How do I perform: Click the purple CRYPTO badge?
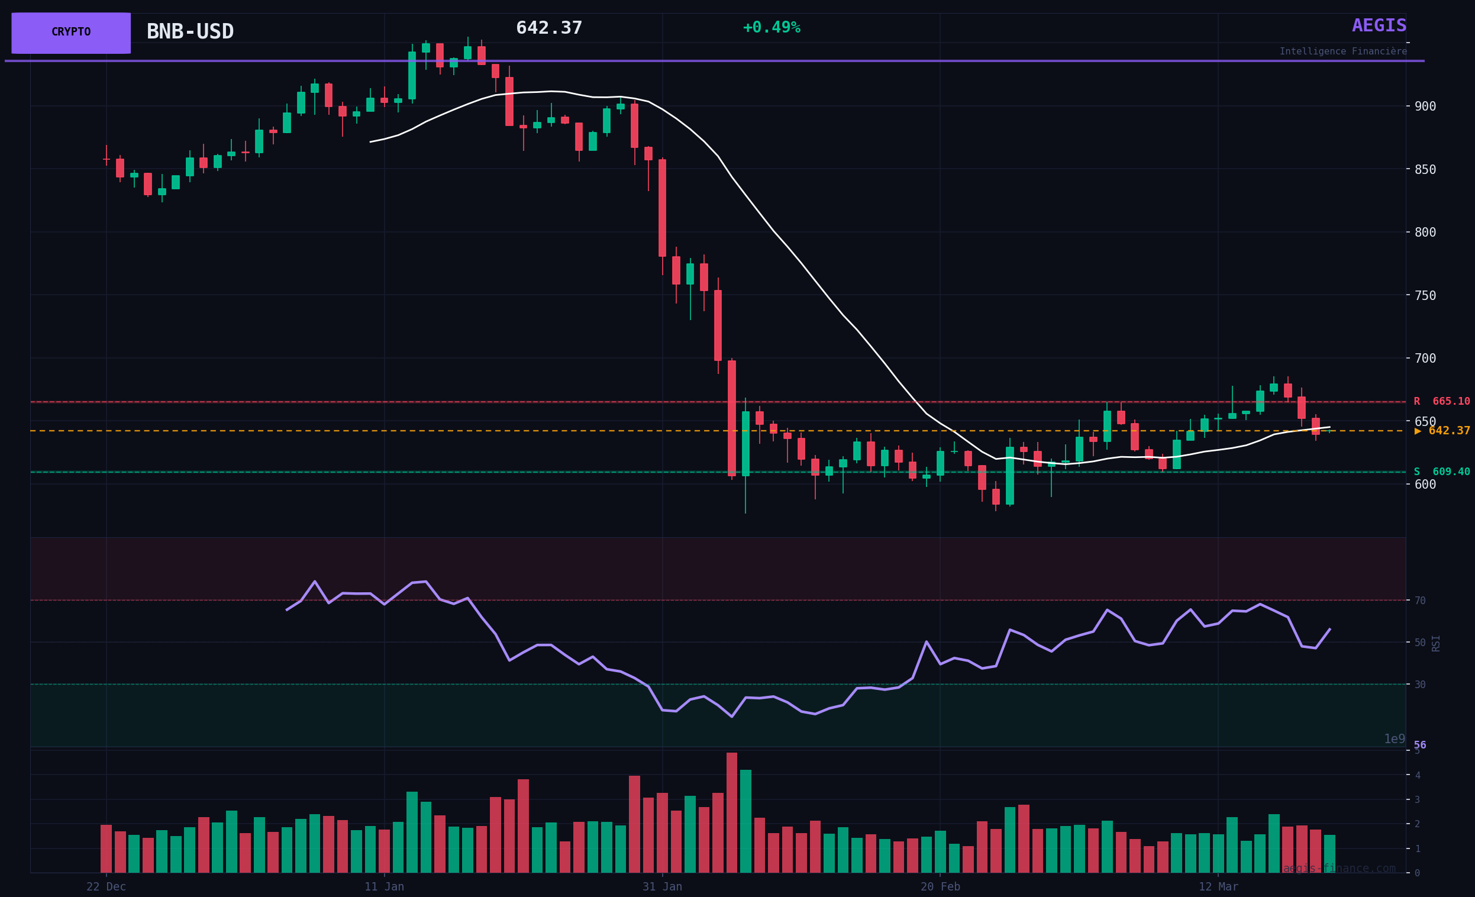tap(70, 33)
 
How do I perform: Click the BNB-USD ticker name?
tap(190, 32)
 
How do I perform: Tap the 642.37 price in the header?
tap(548, 28)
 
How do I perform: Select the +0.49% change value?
tap(771, 28)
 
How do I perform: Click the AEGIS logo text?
tap(1379, 26)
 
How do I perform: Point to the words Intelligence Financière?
tap(1342, 51)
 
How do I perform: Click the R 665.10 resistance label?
tap(1441, 401)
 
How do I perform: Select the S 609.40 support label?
tap(1441, 472)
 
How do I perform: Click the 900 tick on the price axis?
tap(1425, 107)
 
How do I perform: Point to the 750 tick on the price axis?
tap(1425, 295)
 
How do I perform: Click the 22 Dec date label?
tap(106, 887)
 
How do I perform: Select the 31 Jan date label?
tap(662, 887)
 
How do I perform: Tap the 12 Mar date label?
tap(1218, 887)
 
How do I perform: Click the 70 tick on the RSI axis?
tap(1419, 601)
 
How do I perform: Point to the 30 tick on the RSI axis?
tap(1419, 685)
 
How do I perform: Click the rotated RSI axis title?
tap(1435, 643)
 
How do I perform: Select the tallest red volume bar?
tap(731, 812)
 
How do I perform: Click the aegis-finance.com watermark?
tap(1338, 868)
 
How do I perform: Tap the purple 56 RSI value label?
tap(1420, 746)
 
